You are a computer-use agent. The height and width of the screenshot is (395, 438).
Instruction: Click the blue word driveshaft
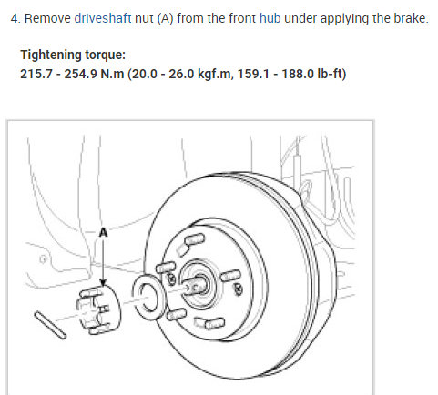103,18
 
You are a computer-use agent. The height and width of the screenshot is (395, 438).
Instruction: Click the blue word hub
270,18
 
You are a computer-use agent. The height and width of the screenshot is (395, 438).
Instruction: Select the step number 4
15,18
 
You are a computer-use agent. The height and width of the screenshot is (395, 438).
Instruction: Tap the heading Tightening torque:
73,55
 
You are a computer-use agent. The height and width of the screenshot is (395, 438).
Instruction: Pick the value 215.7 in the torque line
36,74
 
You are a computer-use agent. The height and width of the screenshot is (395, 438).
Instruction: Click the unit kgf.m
214,74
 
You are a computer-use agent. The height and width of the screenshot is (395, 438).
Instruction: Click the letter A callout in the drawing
103,233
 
